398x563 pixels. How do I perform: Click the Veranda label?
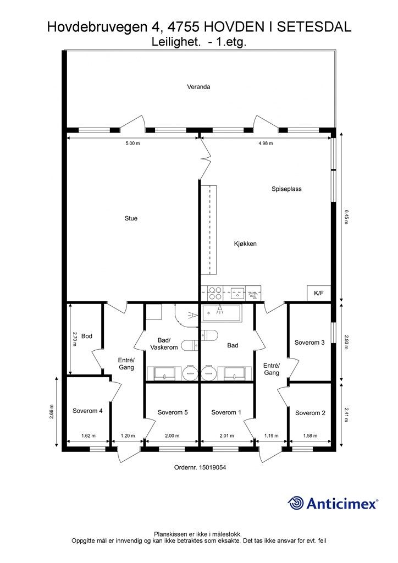198,86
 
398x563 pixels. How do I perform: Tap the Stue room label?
131,218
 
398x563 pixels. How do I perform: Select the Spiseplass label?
286,189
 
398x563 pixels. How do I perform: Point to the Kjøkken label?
246,244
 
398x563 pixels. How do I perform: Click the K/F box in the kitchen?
319,294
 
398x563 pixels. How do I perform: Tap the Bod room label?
87,336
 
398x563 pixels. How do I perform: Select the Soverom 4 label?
87,410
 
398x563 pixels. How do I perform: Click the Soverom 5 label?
173,412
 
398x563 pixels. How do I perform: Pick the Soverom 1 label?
226,412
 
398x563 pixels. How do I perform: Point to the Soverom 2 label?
310,413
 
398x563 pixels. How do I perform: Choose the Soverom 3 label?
309,343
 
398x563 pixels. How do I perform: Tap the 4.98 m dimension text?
266,143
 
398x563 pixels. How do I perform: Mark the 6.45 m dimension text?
346,217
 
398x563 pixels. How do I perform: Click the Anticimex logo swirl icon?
296,503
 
